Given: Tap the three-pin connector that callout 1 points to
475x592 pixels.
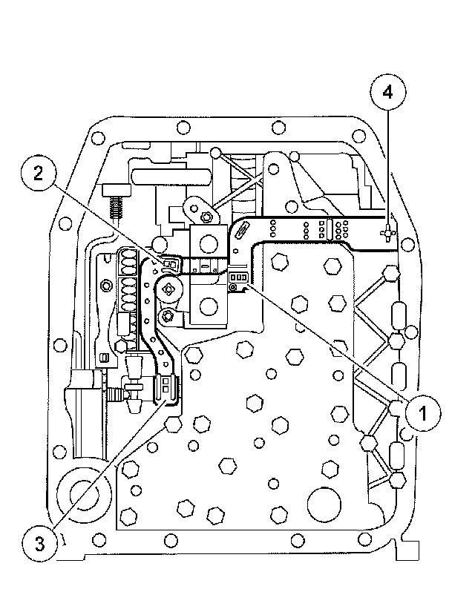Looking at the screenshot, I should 237,277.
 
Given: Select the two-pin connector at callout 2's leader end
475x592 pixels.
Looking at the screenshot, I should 170,263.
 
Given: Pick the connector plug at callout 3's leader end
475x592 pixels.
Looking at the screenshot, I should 167,387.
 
